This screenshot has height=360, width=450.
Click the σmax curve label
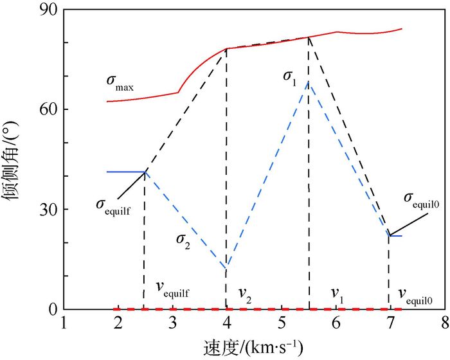120,84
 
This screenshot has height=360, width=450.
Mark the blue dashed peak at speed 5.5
309,82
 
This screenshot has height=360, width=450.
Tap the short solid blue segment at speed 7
395,236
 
